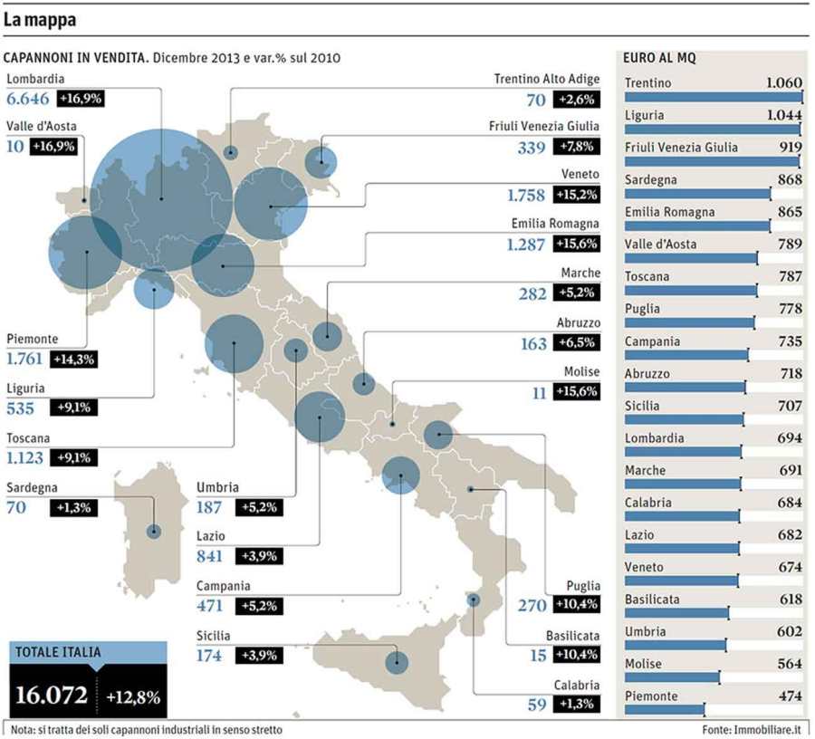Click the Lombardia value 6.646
pyautogui.click(x=29, y=99)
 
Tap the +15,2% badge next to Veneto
pyautogui.click(x=576, y=195)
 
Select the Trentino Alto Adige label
pyautogui.click(x=546, y=80)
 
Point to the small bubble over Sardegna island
pyautogui.click(x=154, y=532)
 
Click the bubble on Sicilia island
pyautogui.click(x=397, y=662)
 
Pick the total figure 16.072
pyautogui.click(x=52, y=696)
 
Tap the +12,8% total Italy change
pyautogui.click(x=132, y=697)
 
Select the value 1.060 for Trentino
pyautogui.click(x=783, y=83)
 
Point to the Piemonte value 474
pyautogui.click(x=789, y=696)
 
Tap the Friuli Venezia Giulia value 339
pyautogui.click(x=531, y=147)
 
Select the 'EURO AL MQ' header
pyautogui.click(x=659, y=58)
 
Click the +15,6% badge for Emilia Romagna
pyautogui.click(x=576, y=244)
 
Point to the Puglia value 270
pyautogui.click(x=531, y=605)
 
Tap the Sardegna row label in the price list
pyautogui.click(x=650, y=180)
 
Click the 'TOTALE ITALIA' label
pyautogui.click(x=57, y=650)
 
